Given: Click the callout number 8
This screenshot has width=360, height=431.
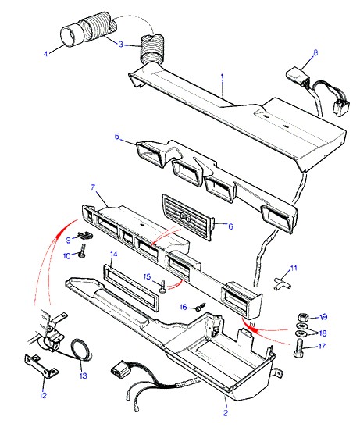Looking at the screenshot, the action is tap(315, 52).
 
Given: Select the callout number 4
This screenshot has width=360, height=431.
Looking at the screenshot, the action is tap(45, 54).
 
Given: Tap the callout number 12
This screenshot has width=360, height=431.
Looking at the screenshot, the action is tap(43, 395).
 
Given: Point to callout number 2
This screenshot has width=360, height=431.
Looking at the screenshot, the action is tap(226, 412).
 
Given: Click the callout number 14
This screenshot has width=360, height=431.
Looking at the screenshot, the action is tap(113, 255).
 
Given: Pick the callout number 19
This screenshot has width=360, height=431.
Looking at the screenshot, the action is tap(324, 317).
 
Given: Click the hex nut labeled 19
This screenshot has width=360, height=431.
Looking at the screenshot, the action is tap(302, 317).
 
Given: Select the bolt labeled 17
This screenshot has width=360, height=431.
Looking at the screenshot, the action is tap(298, 347).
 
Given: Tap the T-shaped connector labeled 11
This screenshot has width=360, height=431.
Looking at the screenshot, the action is tap(283, 283).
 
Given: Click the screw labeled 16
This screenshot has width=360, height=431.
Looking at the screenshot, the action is tap(201, 307).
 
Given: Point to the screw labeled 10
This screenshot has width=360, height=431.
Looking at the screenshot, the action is tap(83, 250).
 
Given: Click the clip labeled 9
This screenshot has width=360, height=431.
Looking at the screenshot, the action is tap(85, 235).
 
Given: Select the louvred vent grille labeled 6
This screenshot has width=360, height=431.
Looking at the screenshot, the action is tap(187, 217).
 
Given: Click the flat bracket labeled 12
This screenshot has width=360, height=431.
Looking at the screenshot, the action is tap(42, 366).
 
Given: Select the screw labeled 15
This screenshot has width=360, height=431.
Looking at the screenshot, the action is tap(163, 286).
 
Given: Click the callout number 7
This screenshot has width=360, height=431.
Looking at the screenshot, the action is tap(93, 187).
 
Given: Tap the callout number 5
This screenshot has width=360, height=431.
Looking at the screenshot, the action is tap(117, 137).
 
